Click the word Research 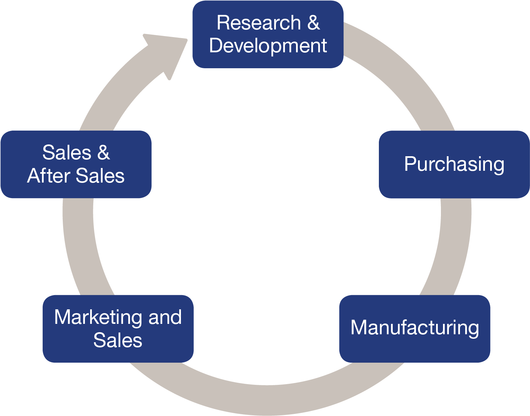click(259, 23)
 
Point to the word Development click(268, 46)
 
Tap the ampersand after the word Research click(313, 23)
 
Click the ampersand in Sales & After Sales click(103, 153)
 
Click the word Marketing click(98, 318)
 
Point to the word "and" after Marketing click(165, 318)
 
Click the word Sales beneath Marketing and click(118, 340)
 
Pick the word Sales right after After click(100, 176)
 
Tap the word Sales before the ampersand click(67, 153)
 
